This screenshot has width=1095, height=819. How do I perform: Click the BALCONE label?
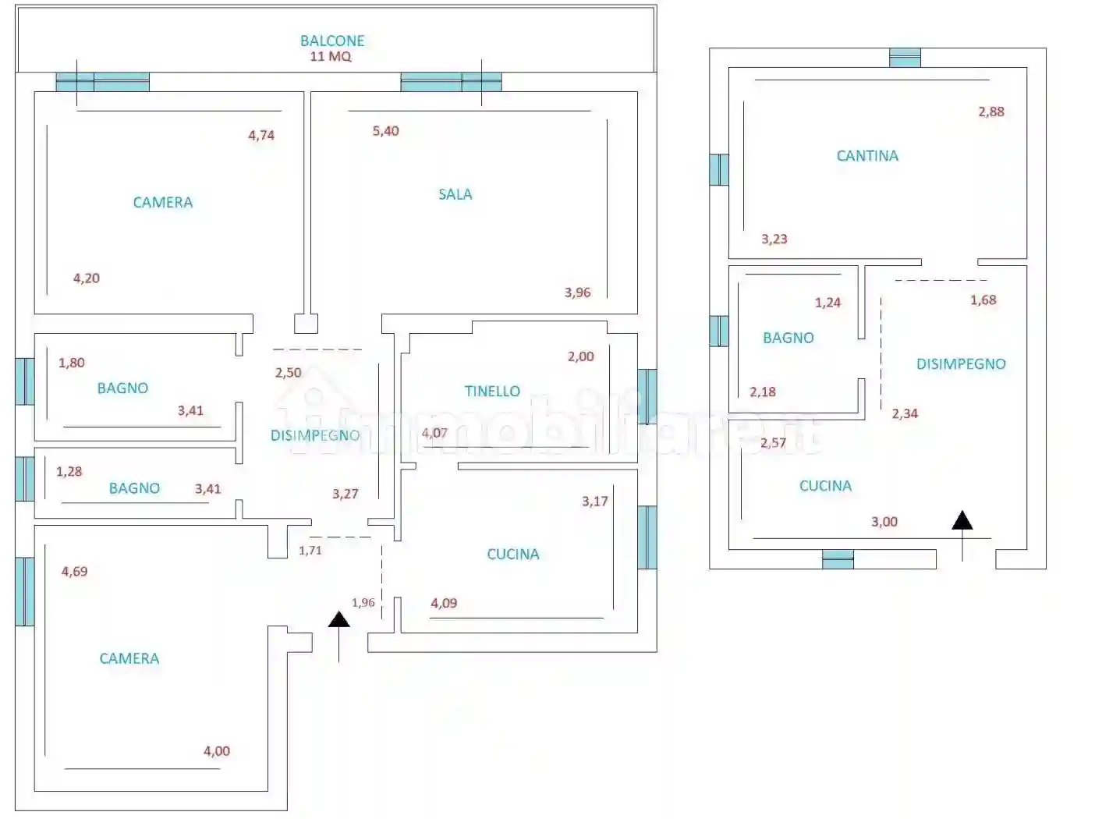332,41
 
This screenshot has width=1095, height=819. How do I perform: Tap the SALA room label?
455,194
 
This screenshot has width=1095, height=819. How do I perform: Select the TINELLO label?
492,391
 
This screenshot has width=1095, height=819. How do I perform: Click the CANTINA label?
867,156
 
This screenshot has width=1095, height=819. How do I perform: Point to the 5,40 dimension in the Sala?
385,131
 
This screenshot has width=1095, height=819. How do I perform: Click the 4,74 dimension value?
261,135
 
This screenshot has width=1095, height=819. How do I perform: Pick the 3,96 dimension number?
578,292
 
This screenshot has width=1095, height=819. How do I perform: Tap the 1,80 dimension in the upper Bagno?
71,363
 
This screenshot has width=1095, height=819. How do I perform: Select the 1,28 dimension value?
69,471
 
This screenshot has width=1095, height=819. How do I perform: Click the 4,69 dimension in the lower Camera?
74,571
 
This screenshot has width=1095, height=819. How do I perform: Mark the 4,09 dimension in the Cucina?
444,603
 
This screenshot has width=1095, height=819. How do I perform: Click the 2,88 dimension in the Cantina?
991,112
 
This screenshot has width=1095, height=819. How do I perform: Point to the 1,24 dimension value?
827,303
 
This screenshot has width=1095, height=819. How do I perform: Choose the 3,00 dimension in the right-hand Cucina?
884,522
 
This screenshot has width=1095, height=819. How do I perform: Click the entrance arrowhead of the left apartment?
339,619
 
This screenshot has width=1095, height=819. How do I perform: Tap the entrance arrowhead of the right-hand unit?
962,520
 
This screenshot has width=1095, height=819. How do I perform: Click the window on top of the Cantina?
905,58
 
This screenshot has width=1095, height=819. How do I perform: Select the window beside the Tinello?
647,396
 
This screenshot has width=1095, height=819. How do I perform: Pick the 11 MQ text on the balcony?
331,56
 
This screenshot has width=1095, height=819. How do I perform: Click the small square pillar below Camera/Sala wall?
306,324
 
